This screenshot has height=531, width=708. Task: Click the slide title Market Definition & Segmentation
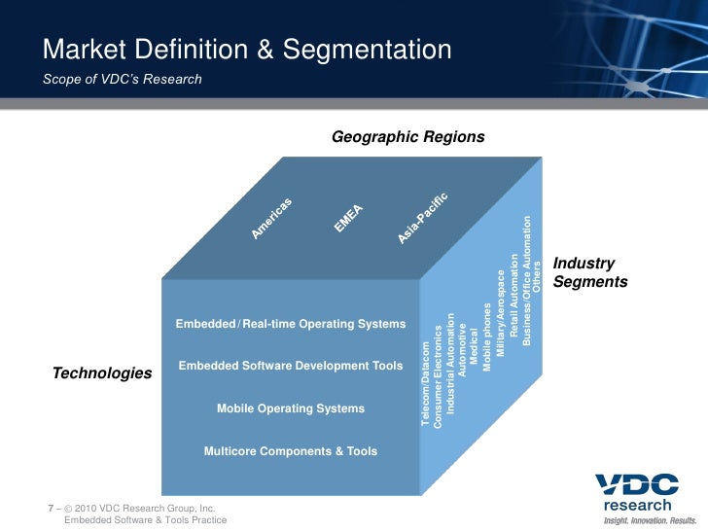[247, 50]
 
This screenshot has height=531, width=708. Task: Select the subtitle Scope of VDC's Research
[123, 79]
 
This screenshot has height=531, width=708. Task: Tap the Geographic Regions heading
[407, 137]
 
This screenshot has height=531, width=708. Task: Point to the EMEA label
[348, 217]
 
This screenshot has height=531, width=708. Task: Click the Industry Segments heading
[589, 272]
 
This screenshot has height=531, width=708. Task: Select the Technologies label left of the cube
[102, 373]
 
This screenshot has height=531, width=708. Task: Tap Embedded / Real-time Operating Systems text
[290, 323]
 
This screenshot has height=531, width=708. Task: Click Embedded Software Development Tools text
[290, 366]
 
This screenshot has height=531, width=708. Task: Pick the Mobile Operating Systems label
[290, 408]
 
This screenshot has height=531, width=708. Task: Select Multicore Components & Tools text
[290, 451]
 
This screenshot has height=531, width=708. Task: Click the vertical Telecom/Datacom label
[425, 384]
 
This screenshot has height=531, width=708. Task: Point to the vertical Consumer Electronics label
[438, 374]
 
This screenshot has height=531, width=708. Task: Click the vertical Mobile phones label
[487, 338]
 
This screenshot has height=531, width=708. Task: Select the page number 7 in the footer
[51, 509]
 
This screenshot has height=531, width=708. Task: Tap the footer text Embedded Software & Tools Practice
[145, 520]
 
